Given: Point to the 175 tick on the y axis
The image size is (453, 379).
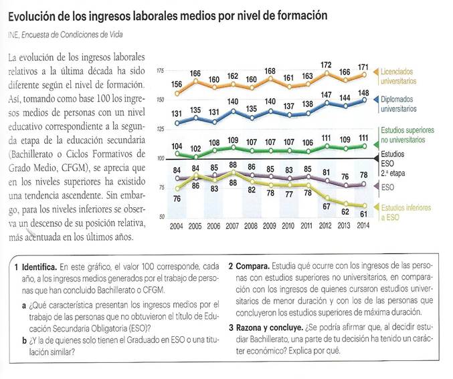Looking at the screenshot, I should coord(160,70).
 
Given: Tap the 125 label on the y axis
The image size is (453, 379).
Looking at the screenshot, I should coord(160,129).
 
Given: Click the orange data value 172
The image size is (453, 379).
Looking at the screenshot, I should coord(327,65).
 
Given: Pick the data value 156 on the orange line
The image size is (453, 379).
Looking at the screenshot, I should coord(177,84).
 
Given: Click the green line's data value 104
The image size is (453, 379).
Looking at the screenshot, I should coord(177,146).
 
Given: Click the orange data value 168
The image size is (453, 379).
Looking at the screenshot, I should coord(270,71).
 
